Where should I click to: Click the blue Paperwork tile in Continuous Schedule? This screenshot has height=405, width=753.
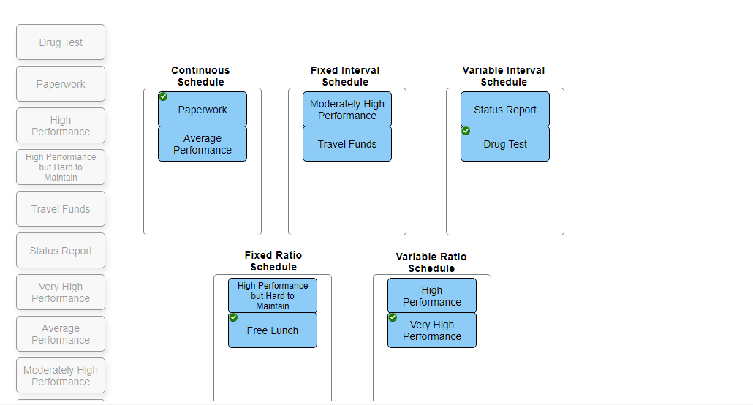pos(203,110)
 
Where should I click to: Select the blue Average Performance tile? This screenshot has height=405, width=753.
pos(203,144)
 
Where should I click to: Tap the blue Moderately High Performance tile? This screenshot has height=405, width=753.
pos(347,110)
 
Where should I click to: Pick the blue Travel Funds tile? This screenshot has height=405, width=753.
pos(347,144)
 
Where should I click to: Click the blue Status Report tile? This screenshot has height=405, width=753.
pos(505,110)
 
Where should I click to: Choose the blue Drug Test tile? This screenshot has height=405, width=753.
pos(505,144)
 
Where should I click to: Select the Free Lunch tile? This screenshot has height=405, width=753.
pos(273,330)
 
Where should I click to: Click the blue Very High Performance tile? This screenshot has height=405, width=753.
pos(432,330)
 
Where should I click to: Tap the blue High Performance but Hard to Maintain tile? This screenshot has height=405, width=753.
pos(273,296)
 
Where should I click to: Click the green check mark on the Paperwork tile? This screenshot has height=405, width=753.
pos(163,96)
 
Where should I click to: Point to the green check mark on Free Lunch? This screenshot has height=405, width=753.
pos(233,317)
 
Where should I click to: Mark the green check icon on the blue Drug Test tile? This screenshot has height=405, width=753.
pos(466,131)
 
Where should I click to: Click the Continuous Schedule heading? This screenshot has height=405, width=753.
pos(200,76)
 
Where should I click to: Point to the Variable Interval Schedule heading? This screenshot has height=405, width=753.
pos(504,76)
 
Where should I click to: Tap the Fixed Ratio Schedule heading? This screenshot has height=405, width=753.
pos(273,261)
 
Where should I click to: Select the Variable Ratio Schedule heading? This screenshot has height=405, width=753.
pos(431,262)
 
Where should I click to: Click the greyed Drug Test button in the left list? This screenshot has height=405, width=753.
pos(61,42)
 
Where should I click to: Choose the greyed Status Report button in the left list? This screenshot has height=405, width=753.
pos(61,251)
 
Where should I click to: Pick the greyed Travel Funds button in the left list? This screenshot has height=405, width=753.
pos(61,209)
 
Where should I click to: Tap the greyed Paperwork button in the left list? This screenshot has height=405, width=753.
pos(61,84)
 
